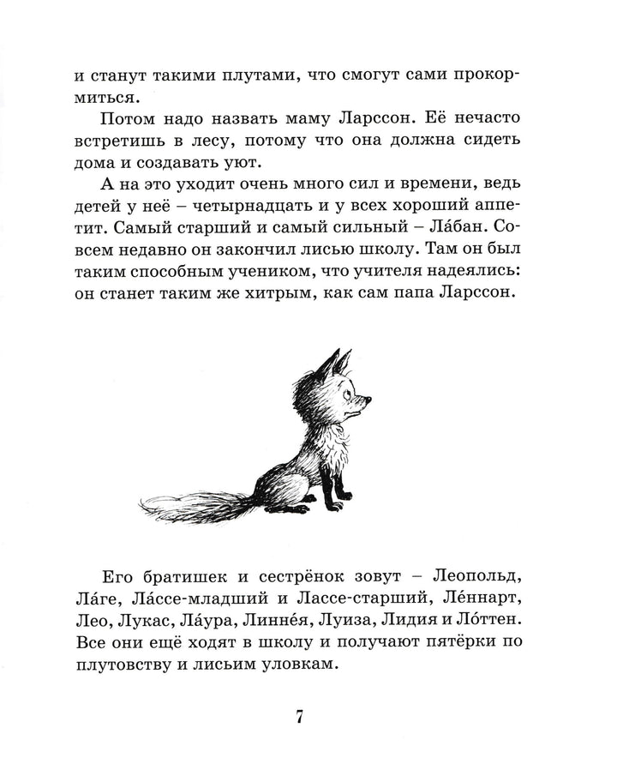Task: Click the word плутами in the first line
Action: point(255,75)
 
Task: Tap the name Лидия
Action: point(423,618)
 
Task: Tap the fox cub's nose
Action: point(369,399)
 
